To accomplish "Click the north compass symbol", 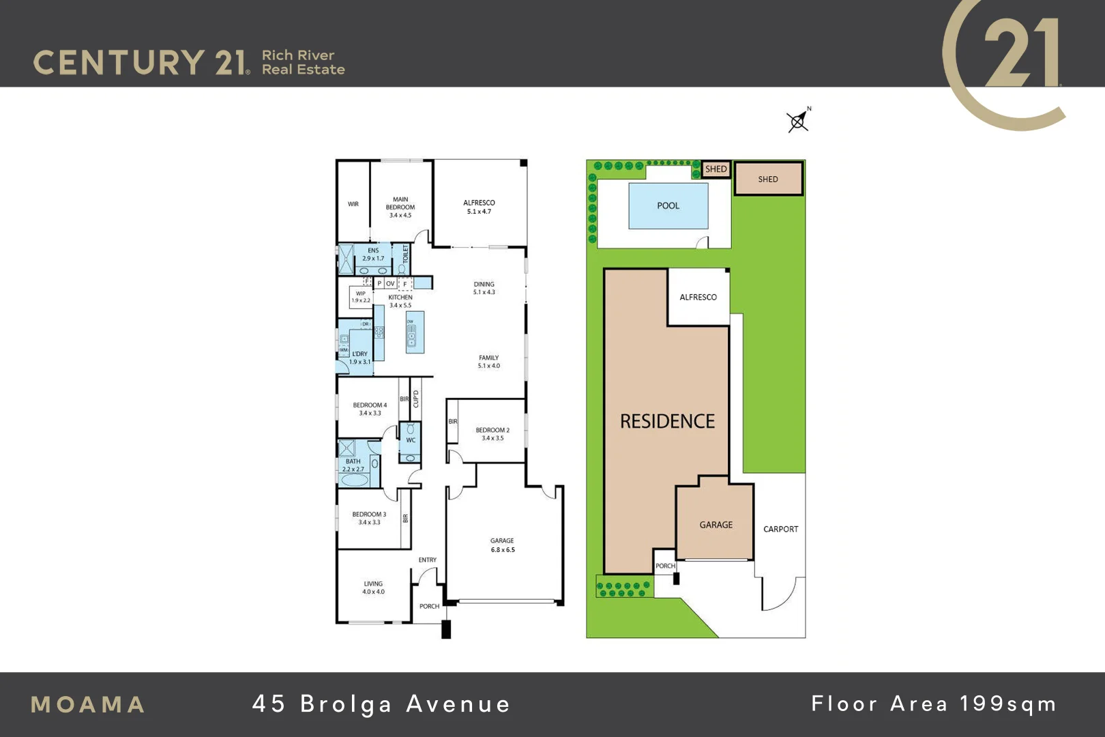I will pos(797,121).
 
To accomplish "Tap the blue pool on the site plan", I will pos(668,206).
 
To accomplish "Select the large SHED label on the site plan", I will pos(768,179).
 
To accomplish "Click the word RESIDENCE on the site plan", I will pos(667,422).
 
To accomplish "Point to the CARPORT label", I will pos(780,529).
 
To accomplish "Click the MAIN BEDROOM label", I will pos(400,207).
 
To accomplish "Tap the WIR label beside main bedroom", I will pos(353,204).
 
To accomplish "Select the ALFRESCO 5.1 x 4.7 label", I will pos(479,207).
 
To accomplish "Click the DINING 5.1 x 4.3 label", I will pos(484,288).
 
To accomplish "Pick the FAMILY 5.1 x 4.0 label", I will pos(488,362).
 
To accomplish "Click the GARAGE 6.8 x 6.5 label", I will pos(503,545).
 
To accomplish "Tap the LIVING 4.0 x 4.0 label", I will pos(373,588).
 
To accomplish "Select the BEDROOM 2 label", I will pos(492,434).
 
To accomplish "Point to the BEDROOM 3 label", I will pos(369,518).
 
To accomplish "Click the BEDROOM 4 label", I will pos(370,409).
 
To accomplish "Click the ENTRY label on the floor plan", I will pos(428,560).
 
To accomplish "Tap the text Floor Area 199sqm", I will pos(934,704).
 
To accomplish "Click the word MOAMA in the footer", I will pos(88,705).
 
